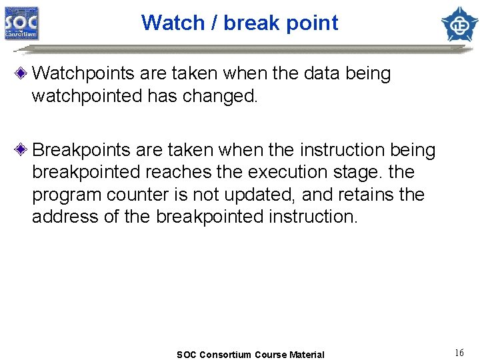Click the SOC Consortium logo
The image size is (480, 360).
click(22, 23)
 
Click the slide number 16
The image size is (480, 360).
click(459, 353)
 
